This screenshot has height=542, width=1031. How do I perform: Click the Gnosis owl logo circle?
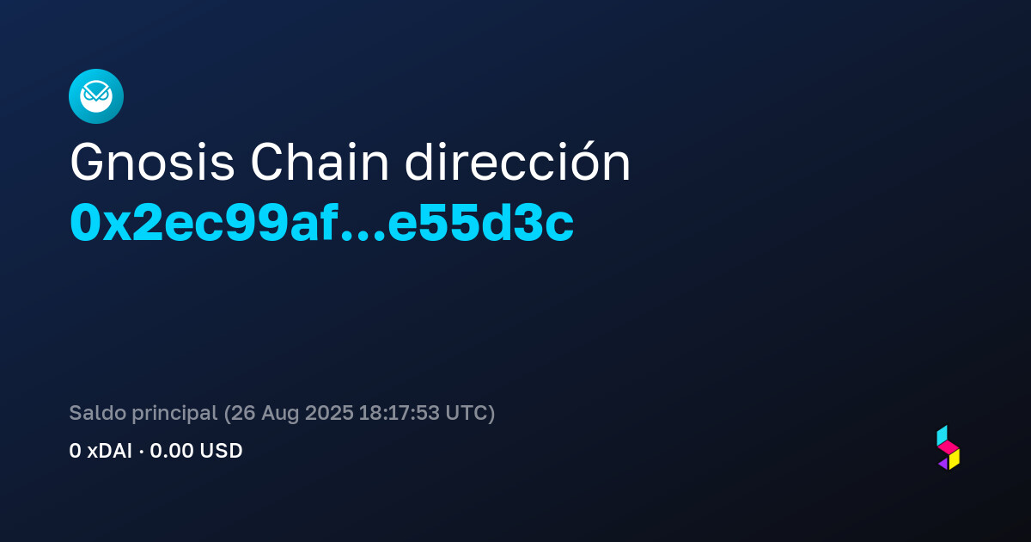[x=96, y=96]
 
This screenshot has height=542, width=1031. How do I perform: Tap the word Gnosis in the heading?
[x=152, y=163]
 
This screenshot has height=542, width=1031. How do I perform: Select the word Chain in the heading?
[x=320, y=163]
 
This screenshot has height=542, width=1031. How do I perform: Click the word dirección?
[x=517, y=162]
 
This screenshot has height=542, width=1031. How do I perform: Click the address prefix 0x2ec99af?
[x=204, y=223]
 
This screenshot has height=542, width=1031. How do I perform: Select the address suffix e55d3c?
[x=480, y=223]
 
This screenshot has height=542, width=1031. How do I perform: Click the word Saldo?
[x=98, y=412]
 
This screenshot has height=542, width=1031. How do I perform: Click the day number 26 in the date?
[x=242, y=413]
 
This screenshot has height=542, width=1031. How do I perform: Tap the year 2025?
[x=329, y=413]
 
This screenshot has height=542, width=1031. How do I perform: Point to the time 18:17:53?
[x=399, y=413]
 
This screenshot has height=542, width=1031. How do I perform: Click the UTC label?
[x=466, y=413]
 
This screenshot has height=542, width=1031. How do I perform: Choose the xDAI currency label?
[x=110, y=451]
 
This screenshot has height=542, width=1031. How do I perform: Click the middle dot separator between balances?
[x=141, y=453]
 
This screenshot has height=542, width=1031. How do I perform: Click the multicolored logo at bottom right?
[x=949, y=447]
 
